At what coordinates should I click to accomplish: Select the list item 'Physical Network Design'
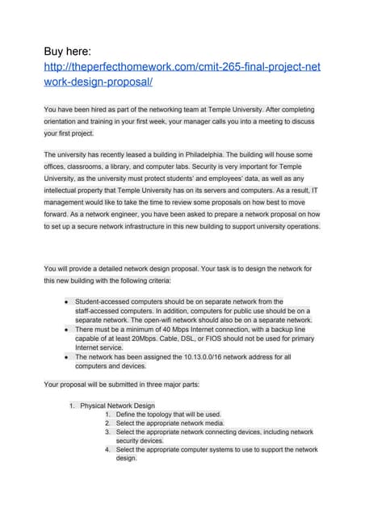point(117,406)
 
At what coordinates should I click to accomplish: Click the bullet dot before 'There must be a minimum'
point(65,330)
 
